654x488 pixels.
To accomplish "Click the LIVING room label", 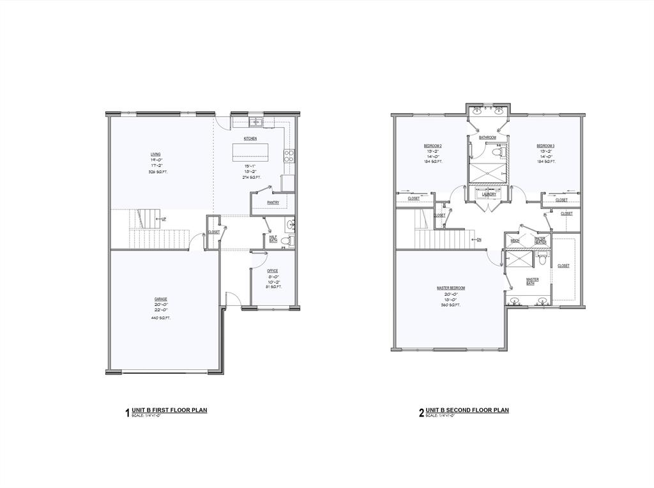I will [156, 154].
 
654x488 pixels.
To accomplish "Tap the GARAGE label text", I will [161, 299].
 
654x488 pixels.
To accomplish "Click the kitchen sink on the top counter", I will [255, 121].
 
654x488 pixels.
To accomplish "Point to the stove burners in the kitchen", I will [289, 153].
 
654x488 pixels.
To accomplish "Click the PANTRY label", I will [273, 202].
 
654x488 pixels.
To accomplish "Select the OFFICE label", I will [273, 271].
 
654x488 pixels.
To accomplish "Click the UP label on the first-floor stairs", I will [164, 219].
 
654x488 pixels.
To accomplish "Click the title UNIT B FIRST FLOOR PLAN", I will [169, 410].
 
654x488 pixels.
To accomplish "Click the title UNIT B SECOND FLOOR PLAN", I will [468, 410].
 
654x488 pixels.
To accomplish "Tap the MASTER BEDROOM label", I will [451, 288].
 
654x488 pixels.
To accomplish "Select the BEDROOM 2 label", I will [433, 146].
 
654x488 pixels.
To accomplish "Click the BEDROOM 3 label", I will [545, 146].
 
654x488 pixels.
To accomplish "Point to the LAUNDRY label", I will [489, 194].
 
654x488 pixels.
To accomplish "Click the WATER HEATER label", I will [540, 240].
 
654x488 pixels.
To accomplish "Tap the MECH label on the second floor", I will [515, 241].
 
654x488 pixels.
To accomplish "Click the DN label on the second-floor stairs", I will [479, 240].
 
